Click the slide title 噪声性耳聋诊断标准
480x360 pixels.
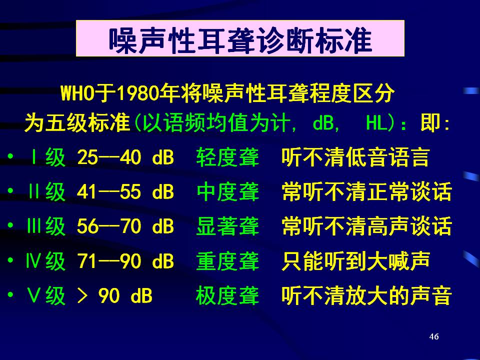point(240,40)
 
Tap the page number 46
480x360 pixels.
point(434,336)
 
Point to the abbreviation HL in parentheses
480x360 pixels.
point(376,123)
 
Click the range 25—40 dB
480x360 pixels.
point(125,157)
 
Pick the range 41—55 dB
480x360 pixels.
point(125,192)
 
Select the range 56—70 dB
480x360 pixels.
point(125,226)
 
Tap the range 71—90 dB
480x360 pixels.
point(125,261)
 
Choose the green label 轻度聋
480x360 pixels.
point(228,157)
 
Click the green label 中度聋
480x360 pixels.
point(228,192)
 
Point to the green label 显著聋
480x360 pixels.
point(228,226)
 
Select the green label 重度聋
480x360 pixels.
point(228,261)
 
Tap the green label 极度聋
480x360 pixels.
point(228,295)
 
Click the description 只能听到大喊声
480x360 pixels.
point(356,261)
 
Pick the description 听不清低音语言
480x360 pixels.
point(355,157)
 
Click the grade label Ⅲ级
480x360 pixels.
point(46,226)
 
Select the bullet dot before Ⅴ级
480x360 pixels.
point(10,295)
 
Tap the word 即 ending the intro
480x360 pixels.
point(430,123)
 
